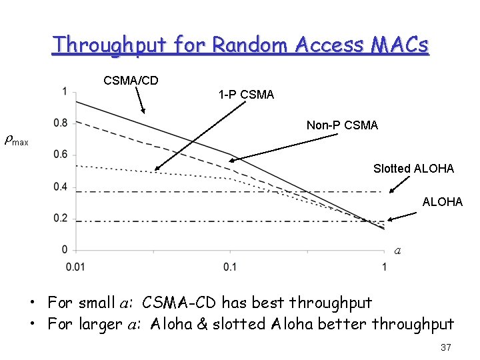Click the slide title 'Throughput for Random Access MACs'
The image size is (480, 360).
pyautogui.click(x=241, y=45)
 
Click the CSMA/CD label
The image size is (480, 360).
pyautogui.click(x=131, y=81)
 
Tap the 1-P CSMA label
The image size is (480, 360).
pyautogui.click(x=246, y=95)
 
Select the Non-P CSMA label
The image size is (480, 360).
pyautogui.click(x=342, y=125)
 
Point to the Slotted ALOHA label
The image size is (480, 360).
pyautogui.click(x=413, y=169)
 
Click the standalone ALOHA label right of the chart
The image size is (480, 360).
pyautogui.click(x=442, y=201)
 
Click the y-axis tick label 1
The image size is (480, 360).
pyautogui.click(x=65, y=91)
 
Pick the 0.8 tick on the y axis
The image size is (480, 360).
pyautogui.click(x=61, y=123)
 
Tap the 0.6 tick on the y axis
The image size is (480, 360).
pyautogui.click(x=61, y=155)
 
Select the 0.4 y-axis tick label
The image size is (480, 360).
pyautogui.click(x=61, y=187)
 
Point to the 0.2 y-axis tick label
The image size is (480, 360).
pyautogui.click(x=61, y=218)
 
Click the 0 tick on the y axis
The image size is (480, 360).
pyautogui.click(x=65, y=250)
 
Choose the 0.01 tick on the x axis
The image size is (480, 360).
pyautogui.click(x=76, y=267)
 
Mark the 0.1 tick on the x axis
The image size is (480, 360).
pyautogui.click(x=230, y=267)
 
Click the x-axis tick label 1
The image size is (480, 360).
pyautogui.click(x=385, y=267)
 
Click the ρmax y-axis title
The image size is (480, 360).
pyautogui.click(x=16, y=141)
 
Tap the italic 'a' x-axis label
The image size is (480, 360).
pyautogui.click(x=397, y=251)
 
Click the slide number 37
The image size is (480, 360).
pyautogui.click(x=446, y=347)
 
